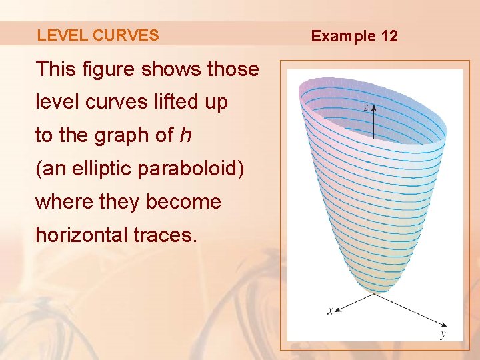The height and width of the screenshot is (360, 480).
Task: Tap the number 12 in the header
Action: tap(389, 36)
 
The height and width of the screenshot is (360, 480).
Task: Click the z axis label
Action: tap(365, 107)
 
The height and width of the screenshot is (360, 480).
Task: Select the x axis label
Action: tap(330, 310)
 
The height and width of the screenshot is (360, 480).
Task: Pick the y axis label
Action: tap(443, 334)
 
